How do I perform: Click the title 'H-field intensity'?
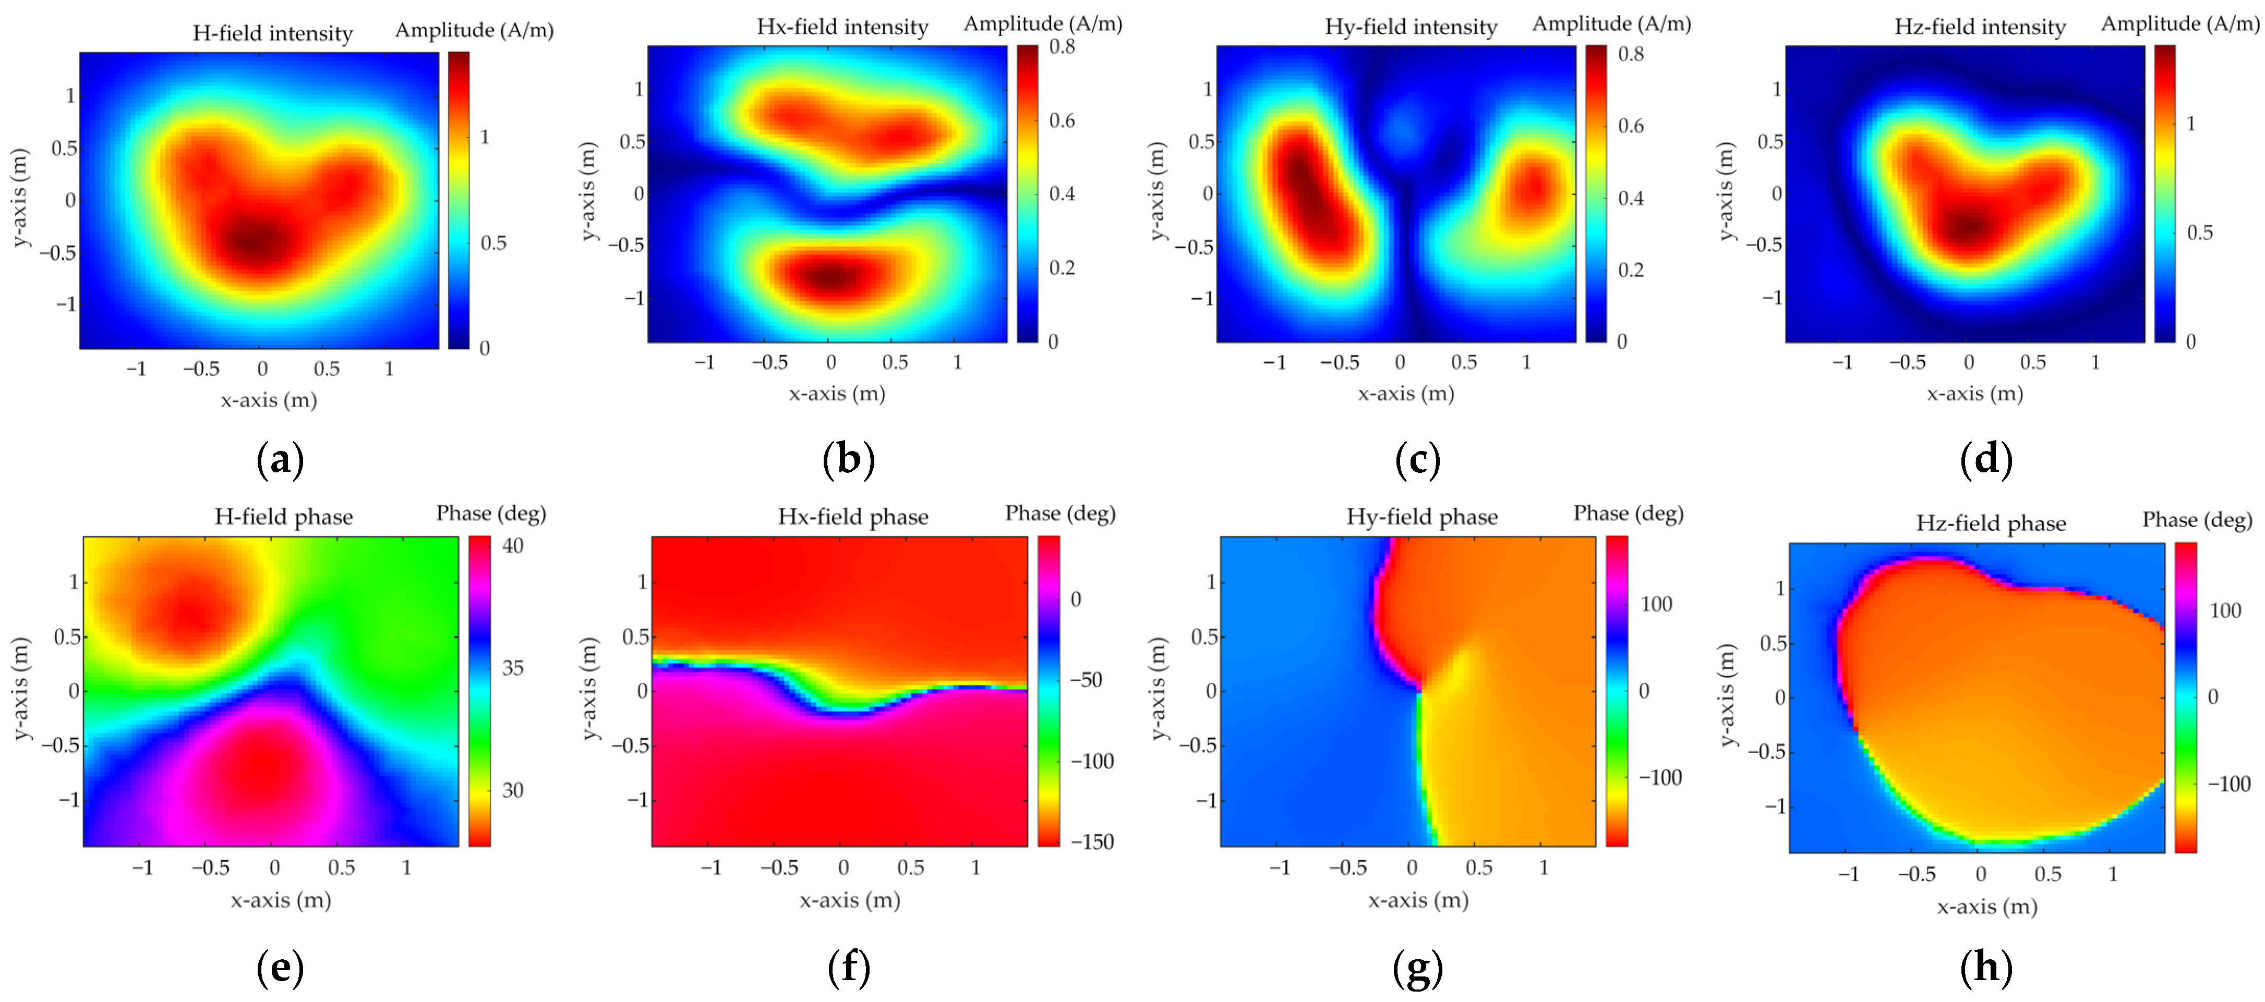pyautogui.click(x=273, y=33)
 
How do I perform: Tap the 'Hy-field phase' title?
pyautogui.click(x=1422, y=517)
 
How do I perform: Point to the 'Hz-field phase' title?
pyautogui.click(x=1991, y=524)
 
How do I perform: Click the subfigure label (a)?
pyautogui.click(x=280, y=460)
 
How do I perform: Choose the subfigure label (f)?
pyautogui.click(x=849, y=968)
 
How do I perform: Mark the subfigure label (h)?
pyautogui.click(x=1986, y=968)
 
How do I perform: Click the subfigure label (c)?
pyautogui.click(x=1417, y=460)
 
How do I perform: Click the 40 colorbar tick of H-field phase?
pyautogui.click(x=513, y=546)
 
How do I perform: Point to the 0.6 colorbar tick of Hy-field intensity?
pyautogui.click(x=1631, y=126)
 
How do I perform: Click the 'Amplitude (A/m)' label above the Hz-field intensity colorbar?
pyautogui.click(x=2180, y=24)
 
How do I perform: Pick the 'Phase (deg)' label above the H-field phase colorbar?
pyautogui.click(x=491, y=514)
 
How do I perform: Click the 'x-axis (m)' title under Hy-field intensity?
pyautogui.click(x=1406, y=394)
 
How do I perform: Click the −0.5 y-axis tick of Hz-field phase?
pyautogui.click(x=1767, y=752)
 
